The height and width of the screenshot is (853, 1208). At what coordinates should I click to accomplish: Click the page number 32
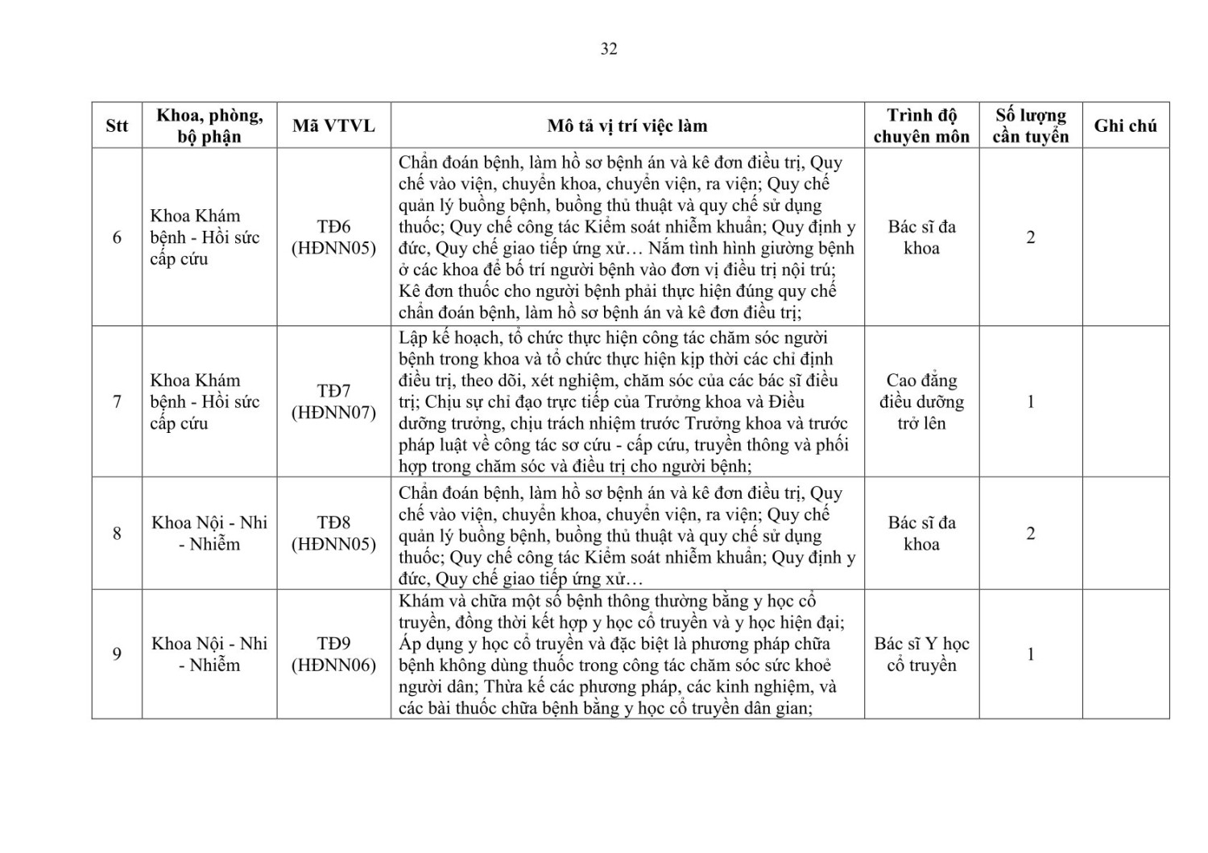[609, 49]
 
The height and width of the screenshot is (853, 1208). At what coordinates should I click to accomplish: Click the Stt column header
[117, 126]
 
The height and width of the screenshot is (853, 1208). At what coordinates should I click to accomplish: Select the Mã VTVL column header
[333, 126]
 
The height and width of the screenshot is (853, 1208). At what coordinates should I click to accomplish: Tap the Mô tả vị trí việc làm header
[627, 126]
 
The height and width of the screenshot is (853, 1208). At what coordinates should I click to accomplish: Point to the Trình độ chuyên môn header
[921, 126]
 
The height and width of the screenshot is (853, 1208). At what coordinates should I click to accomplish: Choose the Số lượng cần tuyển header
[1030, 126]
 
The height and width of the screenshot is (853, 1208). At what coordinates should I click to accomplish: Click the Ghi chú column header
[1125, 126]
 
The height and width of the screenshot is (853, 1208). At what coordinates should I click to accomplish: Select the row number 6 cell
[117, 237]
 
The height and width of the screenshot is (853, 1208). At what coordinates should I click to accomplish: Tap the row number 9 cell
[117, 654]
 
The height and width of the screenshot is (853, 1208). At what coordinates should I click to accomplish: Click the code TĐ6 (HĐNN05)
[333, 237]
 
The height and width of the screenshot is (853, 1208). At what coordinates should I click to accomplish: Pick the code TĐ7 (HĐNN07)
[333, 402]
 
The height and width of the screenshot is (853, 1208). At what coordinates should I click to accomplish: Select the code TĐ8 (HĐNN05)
[333, 534]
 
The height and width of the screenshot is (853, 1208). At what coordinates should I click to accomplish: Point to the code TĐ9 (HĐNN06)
[333, 654]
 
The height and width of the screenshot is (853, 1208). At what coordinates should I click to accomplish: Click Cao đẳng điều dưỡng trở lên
[921, 402]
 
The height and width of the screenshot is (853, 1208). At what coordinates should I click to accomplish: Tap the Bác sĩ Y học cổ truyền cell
[921, 654]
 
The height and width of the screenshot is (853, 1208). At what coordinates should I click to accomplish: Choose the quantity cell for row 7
[1030, 402]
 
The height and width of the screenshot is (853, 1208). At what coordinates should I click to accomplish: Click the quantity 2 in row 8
[1030, 534]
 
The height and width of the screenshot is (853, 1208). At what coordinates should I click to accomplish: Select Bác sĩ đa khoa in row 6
[921, 237]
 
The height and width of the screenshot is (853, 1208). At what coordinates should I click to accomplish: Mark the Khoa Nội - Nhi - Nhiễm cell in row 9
[209, 654]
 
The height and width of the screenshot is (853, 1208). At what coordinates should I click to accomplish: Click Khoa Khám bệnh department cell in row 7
[205, 402]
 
